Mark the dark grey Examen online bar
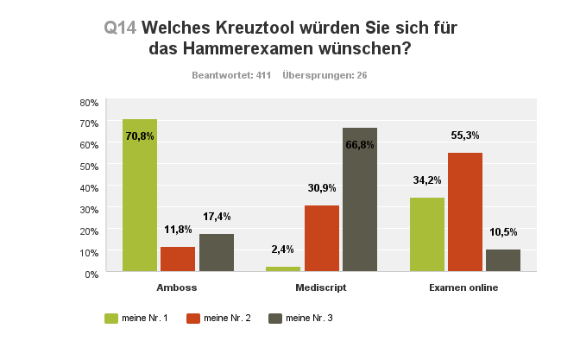click(x=502, y=261)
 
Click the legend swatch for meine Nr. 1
click(x=110, y=318)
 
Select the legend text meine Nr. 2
click(x=228, y=318)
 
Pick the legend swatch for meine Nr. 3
click(x=274, y=318)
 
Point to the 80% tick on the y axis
click(x=89, y=102)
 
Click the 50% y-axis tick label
click(x=89, y=166)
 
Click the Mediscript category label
click(x=321, y=287)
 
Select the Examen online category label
click(x=464, y=287)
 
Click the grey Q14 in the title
click(x=120, y=28)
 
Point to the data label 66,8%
click(x=360, y=145)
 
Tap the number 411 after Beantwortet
click(x=264, y=75)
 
